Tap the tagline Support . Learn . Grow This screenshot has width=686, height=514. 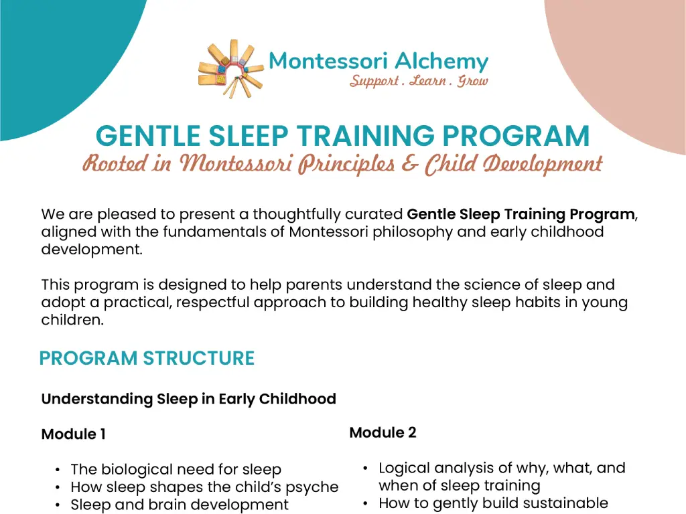(x=419, y=82)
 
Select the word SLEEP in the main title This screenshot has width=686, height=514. (x=248, y=137)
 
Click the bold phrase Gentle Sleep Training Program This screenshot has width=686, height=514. (x=521, y=215)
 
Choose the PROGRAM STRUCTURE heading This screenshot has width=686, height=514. (x=147, y=359)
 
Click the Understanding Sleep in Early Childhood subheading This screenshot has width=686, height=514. (x=188, y=400)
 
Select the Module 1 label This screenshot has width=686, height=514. (x=73, y=434)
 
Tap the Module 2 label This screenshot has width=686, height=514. (x=383, y=433)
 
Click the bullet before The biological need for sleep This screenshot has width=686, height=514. (x=58, y=470)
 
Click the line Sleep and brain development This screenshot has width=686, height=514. (x=179, y=505)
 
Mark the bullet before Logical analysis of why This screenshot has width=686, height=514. (x=366, y=468)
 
